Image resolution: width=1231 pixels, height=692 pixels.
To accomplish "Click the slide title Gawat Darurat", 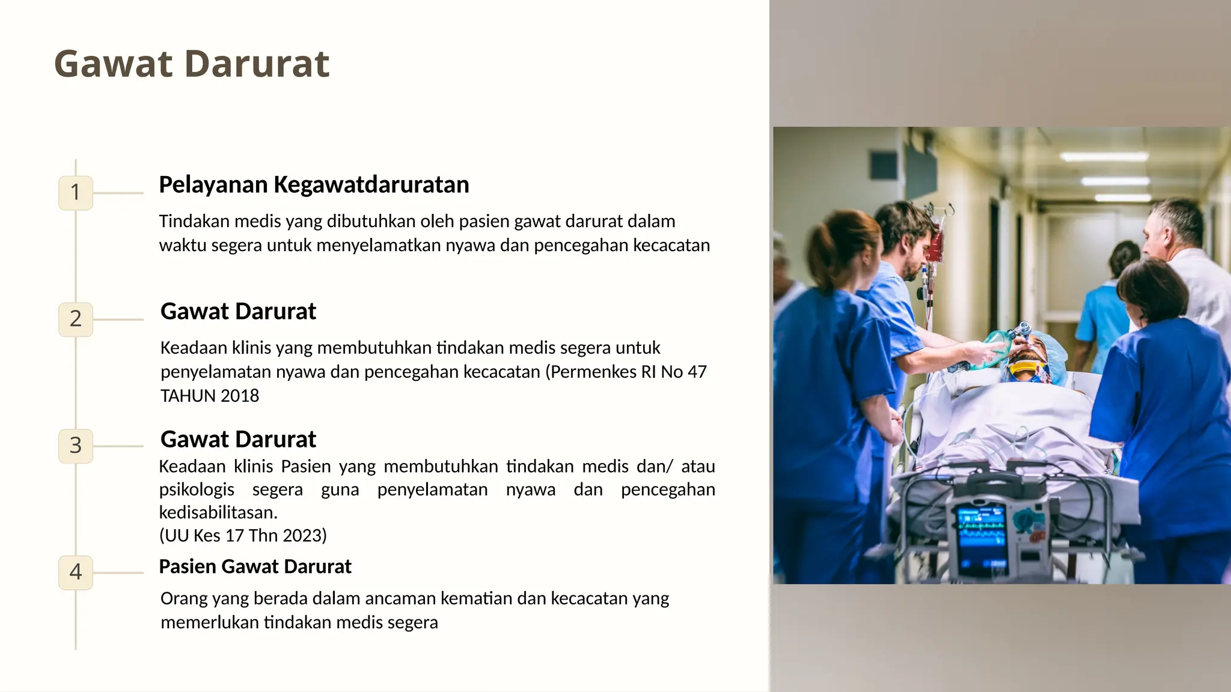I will [x=192, y=64].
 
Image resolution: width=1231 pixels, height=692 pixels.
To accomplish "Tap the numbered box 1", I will [x=76, y=193].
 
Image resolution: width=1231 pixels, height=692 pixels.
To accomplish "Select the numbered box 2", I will [x=76, y=319].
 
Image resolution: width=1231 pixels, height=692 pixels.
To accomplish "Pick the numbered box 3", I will [x=76, y=446].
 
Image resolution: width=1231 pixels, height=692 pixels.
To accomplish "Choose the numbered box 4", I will [x=76, y=572].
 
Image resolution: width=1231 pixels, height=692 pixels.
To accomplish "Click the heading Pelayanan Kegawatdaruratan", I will [x=314, y=185].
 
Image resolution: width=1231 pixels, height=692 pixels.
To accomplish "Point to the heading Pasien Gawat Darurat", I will [x=255, y=566].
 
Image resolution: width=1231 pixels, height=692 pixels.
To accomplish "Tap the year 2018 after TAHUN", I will [x=240, y=396].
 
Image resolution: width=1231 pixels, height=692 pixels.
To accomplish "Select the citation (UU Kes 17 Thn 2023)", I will [x=243, y=535].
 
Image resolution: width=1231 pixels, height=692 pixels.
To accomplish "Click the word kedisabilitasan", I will [x=218, y=512].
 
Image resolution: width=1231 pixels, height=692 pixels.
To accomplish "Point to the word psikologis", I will [x=197, y=490].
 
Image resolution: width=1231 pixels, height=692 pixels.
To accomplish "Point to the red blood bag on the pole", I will [x=935, y=246].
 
